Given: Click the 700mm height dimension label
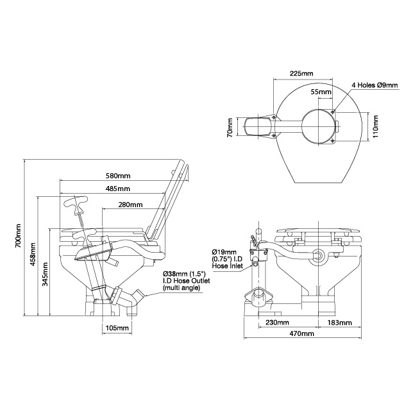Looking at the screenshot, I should click(x=19, y=236).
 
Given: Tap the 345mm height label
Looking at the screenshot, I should click(x=44, y=274).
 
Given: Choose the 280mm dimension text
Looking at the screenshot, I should click(x=131, y=205).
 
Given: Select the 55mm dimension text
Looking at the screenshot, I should click(x=321, y=92).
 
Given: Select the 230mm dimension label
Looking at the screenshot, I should click(x=277, y=322).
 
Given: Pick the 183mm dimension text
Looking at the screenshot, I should click(x=339, y=322).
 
